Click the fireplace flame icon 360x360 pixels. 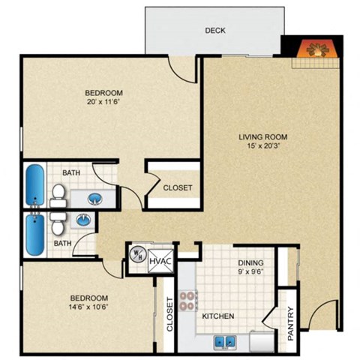click(314, 52)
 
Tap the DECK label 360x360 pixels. click(215, 31)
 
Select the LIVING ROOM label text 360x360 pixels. click(262, 137)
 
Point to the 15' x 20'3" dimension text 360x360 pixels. click(263, 148)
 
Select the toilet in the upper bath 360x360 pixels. click(58, 196)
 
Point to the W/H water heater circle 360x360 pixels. click(138, 254)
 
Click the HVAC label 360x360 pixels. click(160, 261)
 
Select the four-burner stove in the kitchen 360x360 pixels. click(188, 302)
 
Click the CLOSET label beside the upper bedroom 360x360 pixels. click(178, 187)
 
